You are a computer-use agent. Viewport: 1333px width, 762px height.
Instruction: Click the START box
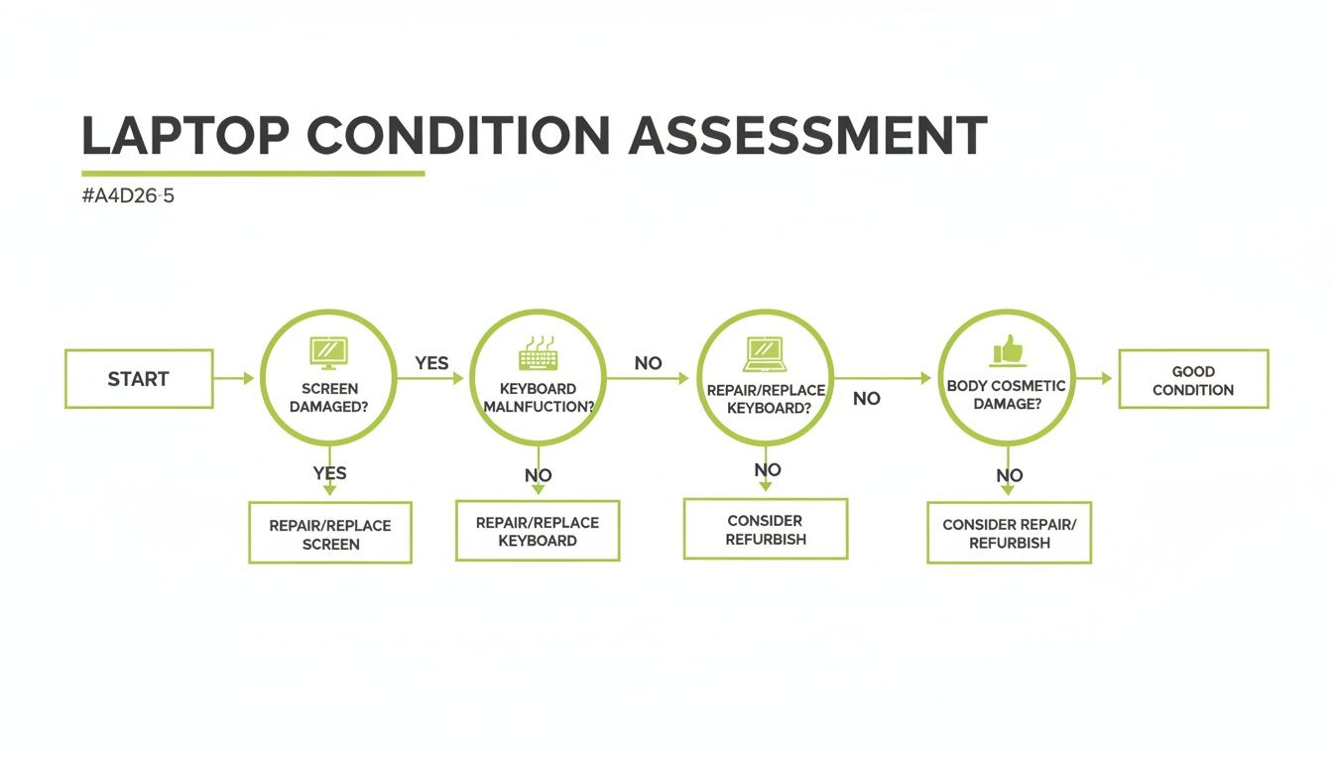[139, 379]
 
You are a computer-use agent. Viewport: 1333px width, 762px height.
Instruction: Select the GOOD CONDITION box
[1193, 379]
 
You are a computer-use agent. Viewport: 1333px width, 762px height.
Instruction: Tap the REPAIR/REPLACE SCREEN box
[329, 534]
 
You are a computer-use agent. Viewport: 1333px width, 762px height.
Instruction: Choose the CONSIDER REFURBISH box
[765, 530]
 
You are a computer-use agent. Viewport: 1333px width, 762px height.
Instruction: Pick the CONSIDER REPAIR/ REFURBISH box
[1009, 534]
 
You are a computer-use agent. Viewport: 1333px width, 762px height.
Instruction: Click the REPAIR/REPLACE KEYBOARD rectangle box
[538, 531]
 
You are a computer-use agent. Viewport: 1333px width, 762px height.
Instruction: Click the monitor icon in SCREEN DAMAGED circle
[329, 351]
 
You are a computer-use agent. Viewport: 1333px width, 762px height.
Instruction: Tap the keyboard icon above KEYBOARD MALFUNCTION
[538, 355]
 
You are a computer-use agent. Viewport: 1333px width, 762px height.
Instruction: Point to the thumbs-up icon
[1007, 349]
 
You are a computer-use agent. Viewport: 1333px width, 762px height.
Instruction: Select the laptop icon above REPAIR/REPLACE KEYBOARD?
[765, 352]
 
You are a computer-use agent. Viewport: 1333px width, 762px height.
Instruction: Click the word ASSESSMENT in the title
[807, 136]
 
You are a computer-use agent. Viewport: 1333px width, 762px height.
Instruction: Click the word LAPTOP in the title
[186, 136]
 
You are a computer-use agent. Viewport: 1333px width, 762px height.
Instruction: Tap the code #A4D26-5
[128, 196]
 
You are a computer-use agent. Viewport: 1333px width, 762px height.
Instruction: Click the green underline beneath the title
[253, 174]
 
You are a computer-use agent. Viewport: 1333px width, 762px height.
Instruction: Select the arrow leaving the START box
[235, 378]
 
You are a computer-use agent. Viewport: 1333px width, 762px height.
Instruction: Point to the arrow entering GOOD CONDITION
[1095, 378]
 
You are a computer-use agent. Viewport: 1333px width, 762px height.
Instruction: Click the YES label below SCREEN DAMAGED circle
[329, 473]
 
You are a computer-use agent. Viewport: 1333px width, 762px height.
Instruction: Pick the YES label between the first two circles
[431, 363]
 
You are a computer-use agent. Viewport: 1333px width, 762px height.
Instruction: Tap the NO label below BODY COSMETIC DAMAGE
[1009, 475]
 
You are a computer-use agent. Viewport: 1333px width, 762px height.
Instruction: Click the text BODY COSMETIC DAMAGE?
[1007, 395]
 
